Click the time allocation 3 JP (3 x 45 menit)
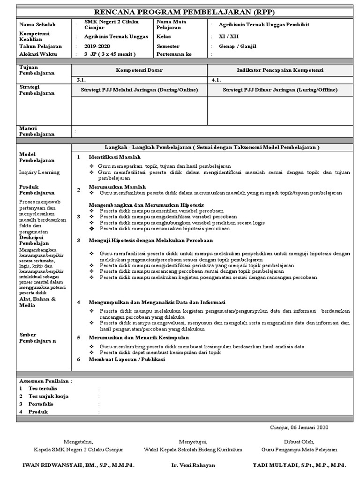point(110,54)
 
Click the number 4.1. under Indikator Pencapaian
point(217,80)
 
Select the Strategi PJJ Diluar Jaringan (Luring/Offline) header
point(280,90)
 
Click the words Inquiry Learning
point(39,172)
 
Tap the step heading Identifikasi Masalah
point(115,157)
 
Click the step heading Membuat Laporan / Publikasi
point(127,360)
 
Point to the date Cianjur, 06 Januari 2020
point(300,427)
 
